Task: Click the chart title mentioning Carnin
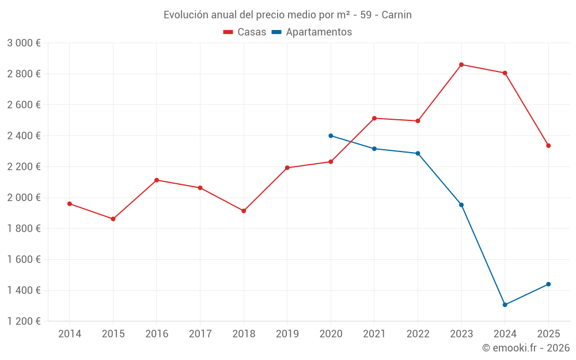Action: [x=287, y=15]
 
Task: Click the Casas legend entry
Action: [x=245, y=32]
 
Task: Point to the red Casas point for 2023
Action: [x=461, y=65]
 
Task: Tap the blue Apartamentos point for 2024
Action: [x=505, y=305]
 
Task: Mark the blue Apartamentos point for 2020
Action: [x=331, y=136]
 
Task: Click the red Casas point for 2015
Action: [x=113, y=219]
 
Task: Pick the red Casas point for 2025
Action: [x=548, y=146]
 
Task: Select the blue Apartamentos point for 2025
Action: [x=548, y=284]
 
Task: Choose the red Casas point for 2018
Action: [x=244, y=211]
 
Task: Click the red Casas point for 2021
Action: [x=374, y=118]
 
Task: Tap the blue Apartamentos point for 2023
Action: [x=461, y=205]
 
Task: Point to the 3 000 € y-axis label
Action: [x=24, y=43]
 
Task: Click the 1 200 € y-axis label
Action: [x=24, y=321]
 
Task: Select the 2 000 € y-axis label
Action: [x=24, y=198]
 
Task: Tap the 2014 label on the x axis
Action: [x=70, y=334]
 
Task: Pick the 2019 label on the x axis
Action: [x=287, y=334]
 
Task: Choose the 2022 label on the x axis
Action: [x=418, y=334]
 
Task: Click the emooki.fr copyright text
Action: [x=525, y=348]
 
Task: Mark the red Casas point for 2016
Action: [x=157, y=180]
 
